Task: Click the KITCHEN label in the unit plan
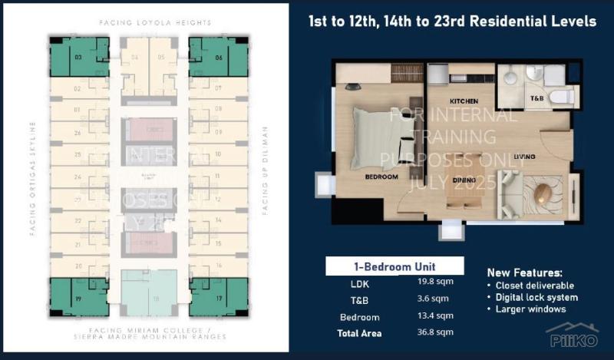click(443, 101)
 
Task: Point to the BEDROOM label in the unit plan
click(381, 177)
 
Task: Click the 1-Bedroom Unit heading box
click(394, 266)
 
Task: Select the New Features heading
click(525, 272)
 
